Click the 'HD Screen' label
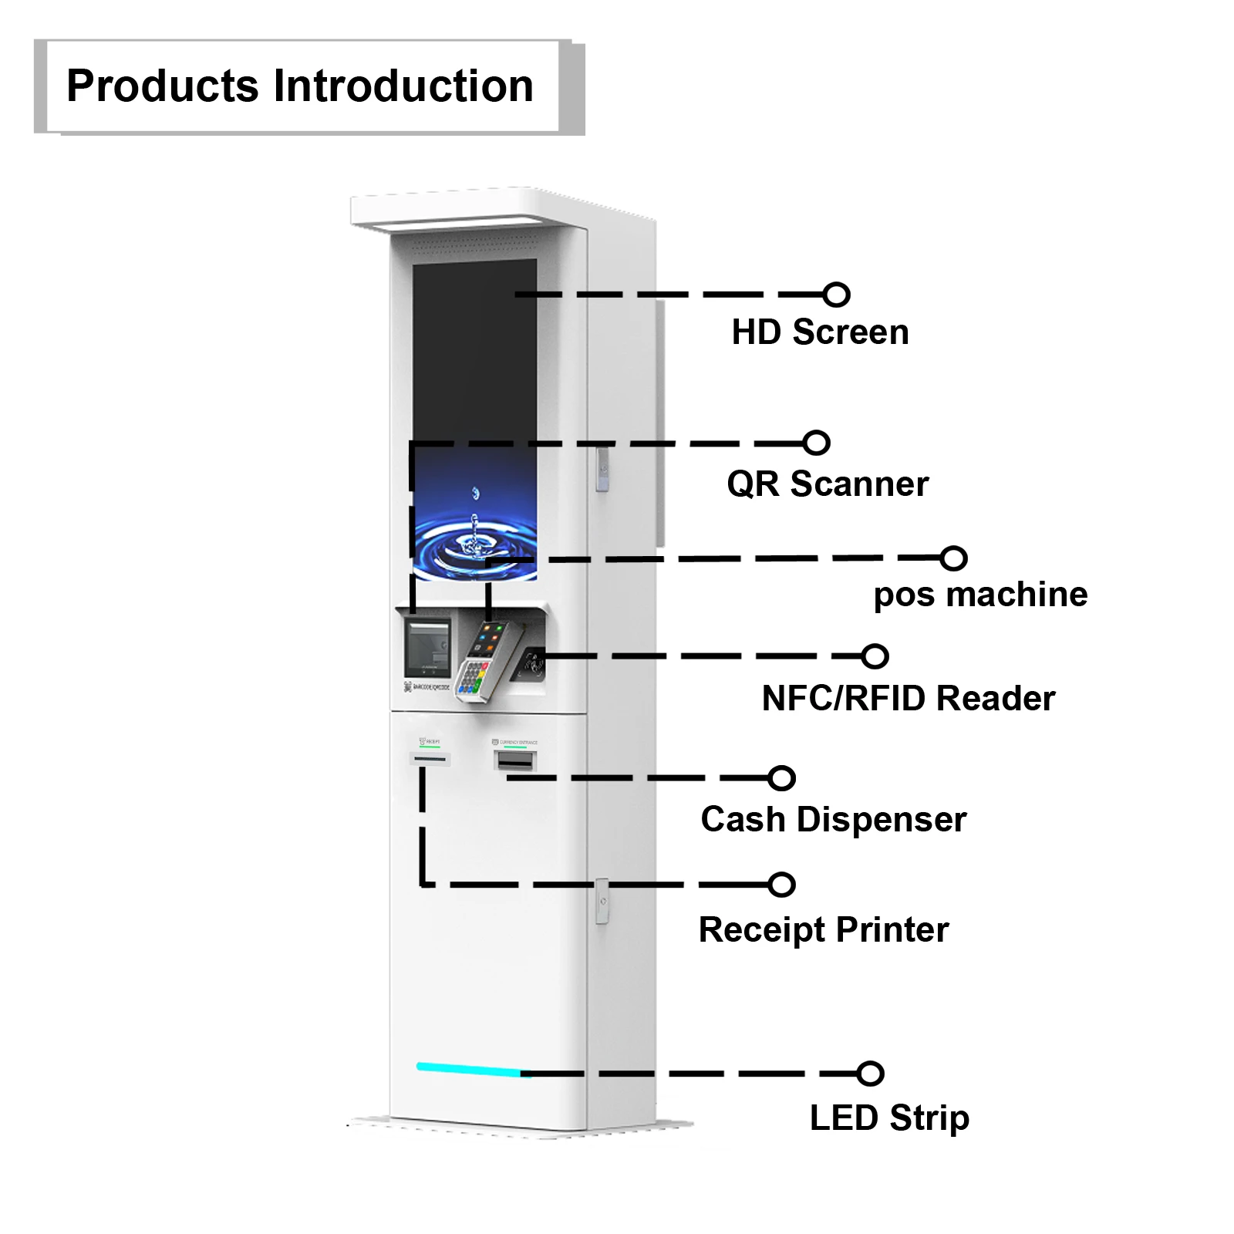point(820,332)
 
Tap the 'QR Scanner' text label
point(828,484)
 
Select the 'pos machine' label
point(980,595)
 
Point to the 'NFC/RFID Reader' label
point(908,699)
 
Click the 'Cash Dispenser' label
point(833,819)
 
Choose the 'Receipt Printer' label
point(823,929)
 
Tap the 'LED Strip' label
point(888,1118)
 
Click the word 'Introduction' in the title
point(403,86)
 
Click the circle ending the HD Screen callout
point(836,295)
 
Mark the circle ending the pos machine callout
point(954,558)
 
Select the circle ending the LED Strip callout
point(871,1073)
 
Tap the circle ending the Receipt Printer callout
point(782,885)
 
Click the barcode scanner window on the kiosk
point(427,646)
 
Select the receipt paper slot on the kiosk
point(430,759)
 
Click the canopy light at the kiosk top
point(440,224)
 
